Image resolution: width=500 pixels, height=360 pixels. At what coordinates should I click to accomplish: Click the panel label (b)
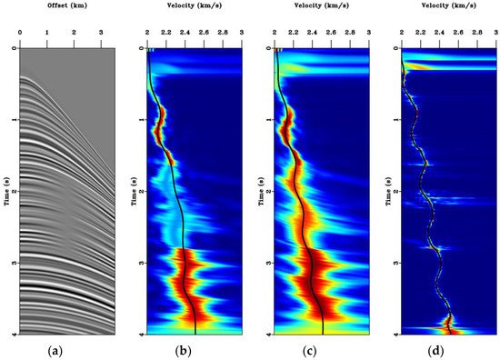tap(194, 348)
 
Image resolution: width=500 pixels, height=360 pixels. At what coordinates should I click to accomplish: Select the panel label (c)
tap(321, 348)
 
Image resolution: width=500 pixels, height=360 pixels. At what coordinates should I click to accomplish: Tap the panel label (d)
tap(448, 348)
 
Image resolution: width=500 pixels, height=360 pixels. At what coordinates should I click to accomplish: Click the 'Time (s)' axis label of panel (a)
tap(6, 191)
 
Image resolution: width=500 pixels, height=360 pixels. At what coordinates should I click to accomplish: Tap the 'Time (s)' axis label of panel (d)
tap(390, 191)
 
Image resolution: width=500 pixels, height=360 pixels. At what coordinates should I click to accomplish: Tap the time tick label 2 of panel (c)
tap(267, 192)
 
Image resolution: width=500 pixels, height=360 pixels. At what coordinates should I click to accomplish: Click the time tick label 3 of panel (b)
tap(140, 263)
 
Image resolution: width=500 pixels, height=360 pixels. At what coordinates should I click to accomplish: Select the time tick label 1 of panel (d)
tap(395, 120)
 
